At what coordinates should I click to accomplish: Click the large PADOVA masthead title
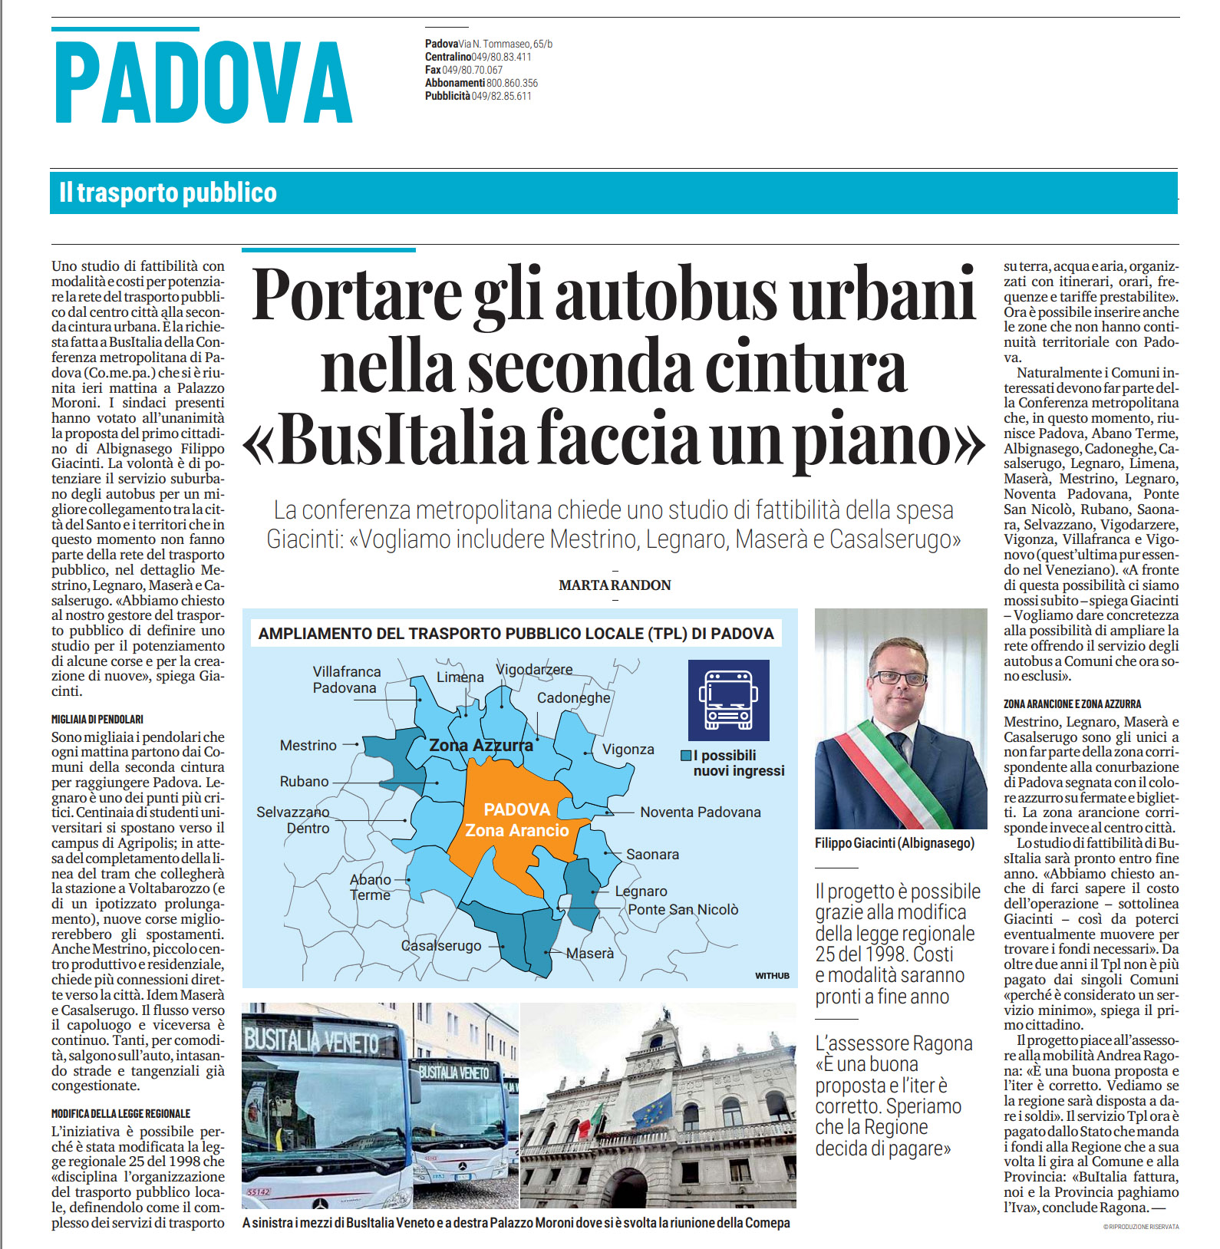tap(204, 83)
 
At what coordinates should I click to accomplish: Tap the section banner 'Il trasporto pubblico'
tap(168, 193)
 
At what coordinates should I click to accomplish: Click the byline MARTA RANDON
tap(615, 585)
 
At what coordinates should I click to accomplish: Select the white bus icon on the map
tap(727, 700)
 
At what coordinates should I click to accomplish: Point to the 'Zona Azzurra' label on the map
tap(481, 745)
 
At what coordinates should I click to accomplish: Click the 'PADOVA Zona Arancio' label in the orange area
tap(517, 820)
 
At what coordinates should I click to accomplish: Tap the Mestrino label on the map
tap(308, 745)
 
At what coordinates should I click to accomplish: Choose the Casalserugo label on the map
tap(441, 946)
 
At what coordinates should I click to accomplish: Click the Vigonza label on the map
tap(628, 750)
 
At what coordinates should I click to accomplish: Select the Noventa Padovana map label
tap(701, 812)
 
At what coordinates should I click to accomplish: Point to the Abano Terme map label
tap(371, 887)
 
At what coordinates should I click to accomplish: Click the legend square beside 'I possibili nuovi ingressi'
tap(686, 756)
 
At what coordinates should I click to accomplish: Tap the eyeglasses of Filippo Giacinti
tap(899, 677)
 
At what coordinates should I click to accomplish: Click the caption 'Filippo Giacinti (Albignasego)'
tap(895, 843)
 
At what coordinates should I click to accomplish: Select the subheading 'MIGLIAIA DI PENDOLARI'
tap(97, 720)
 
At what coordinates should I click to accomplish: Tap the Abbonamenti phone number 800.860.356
tap(512, 83)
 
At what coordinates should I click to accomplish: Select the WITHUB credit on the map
tap(772, 976)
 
